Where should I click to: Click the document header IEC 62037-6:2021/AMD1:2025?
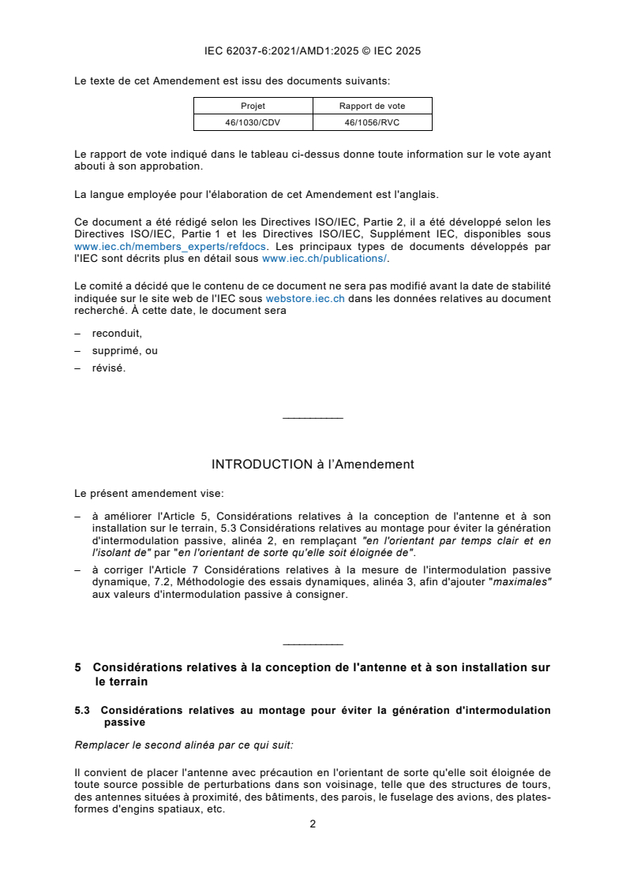(312, 51)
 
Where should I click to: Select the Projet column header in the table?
(253, 106)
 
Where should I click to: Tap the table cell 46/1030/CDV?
(253, 122)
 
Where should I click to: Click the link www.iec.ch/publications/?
(324, 258)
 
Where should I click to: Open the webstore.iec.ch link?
(305, 299)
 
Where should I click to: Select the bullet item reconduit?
(117, 334)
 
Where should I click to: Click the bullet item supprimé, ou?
(125, 351)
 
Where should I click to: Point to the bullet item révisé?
(108, 368)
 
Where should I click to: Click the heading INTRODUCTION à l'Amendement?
(313, 465)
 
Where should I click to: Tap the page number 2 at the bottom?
(313, 824)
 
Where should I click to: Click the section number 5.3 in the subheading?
(83, 711)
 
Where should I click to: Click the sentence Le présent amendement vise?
(148, 494)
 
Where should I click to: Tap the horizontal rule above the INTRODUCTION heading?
(313, 417)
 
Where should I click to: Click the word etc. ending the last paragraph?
(213, 809)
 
